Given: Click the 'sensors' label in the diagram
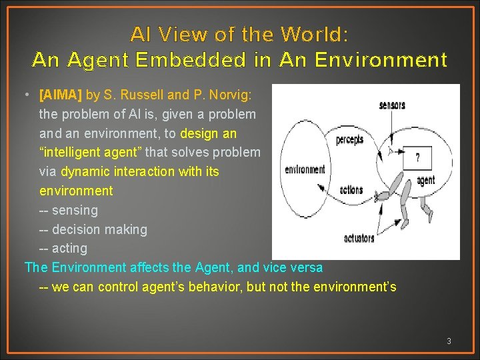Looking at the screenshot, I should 392,105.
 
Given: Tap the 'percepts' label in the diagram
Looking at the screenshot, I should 349,139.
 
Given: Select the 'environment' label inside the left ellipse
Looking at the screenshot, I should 305,169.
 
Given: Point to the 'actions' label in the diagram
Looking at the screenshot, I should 351,190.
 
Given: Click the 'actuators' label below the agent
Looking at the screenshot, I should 359,238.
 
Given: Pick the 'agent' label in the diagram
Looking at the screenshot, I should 425,181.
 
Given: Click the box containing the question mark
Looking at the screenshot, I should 418,158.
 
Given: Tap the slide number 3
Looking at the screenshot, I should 449,341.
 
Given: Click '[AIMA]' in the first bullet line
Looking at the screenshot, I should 61,95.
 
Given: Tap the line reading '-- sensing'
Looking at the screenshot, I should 68,210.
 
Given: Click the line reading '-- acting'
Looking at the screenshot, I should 63,248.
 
